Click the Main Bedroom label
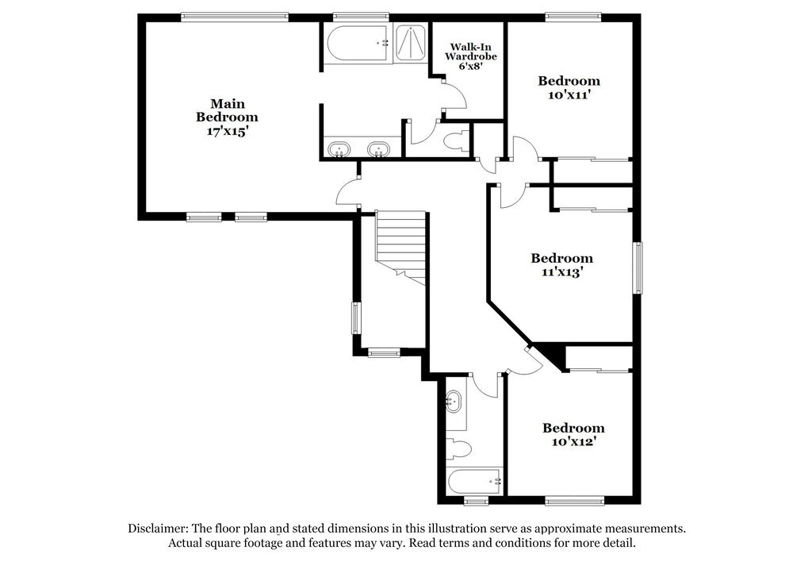point(227,110)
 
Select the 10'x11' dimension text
point(569,94)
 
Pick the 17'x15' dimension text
point(228,132)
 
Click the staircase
point(400,242)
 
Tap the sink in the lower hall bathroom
point(454,401)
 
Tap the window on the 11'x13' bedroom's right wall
point(637,268)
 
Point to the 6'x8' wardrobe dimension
point(464,67)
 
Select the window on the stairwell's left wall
point(356,319)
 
